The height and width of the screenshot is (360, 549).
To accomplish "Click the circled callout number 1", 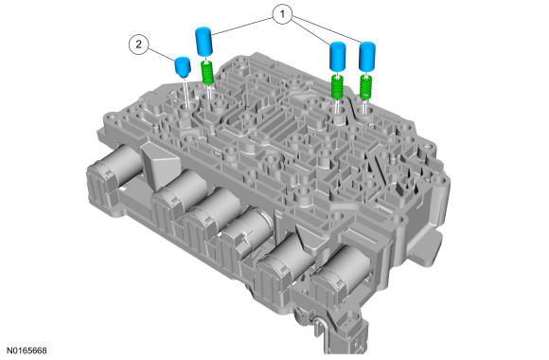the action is coord(282,14).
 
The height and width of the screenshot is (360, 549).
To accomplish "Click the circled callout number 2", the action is coord(138,45).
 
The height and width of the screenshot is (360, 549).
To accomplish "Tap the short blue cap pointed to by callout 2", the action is coord(183,66).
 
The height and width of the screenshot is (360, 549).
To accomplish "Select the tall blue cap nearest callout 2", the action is coord(204,42).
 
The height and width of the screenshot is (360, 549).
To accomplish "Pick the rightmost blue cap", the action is coord(367,56).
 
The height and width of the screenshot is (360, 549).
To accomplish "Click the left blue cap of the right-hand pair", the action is coord(338,56).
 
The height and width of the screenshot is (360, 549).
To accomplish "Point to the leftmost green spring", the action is coord(208,72).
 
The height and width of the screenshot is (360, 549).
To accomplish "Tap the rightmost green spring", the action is coord(366,87).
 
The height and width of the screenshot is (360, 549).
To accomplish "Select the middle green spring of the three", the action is coord(337,87).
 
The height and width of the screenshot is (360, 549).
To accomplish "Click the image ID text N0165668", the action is coord(27,351).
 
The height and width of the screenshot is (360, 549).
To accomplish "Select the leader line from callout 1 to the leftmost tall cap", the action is coord(242,26).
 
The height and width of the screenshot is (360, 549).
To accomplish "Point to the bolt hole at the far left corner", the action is coord(112,116).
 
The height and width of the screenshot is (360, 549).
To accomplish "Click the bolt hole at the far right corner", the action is coord(426,146).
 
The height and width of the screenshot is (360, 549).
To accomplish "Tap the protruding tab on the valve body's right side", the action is coord(428,245).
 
